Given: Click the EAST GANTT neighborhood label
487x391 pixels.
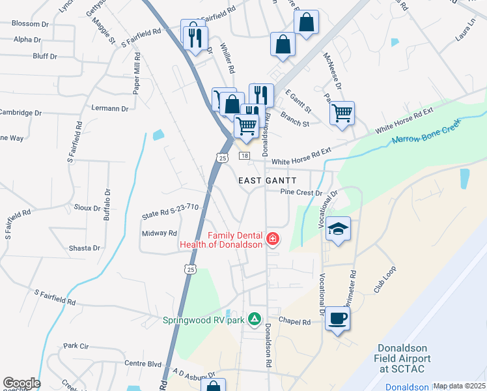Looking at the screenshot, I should click(267, 180).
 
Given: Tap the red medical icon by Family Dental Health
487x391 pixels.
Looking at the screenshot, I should click(272, 239).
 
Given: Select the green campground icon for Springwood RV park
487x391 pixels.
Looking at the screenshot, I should click(255, 320).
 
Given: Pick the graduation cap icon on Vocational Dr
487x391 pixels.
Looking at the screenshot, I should click(338, 228).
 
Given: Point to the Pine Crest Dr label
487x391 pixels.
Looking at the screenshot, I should click(301, 193).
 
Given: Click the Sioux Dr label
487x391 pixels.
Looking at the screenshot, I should click(87, 209).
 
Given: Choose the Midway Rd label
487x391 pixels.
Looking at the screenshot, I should click(159, 233).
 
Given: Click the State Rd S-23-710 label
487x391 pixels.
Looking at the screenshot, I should click(170, 211).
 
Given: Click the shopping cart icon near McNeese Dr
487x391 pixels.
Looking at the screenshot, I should click(342, 113).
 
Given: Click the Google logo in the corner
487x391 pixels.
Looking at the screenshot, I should click(21, 383).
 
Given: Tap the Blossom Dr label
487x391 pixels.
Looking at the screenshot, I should click(30, 23).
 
